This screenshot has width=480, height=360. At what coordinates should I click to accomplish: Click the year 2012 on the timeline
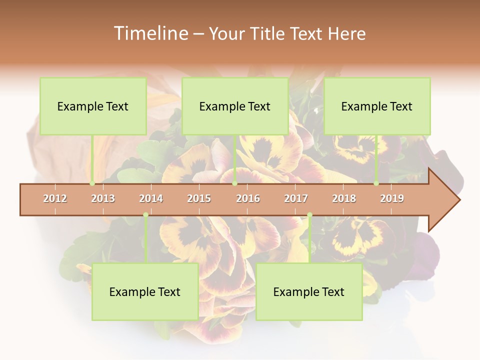coord(55,198)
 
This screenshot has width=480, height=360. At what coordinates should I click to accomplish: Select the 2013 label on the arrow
coord(103,198)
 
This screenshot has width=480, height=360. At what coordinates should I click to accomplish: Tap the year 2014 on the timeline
coord(151,198)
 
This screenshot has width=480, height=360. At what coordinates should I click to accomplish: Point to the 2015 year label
coord(199,198)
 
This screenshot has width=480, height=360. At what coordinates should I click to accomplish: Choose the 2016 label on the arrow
coord(248,198)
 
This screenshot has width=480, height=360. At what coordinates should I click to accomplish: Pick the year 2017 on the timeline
coord(296,198)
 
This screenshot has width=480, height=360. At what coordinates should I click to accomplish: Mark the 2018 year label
coord(344,198)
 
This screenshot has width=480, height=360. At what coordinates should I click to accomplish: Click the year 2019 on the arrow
coord(392,198)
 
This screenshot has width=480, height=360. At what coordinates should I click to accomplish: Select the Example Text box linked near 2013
coord(93,106)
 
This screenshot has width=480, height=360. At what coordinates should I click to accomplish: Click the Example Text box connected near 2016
coord(235,106)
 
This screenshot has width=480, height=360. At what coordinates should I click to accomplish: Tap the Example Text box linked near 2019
coord(377,106)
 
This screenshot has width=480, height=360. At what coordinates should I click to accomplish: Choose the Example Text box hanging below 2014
coord(145,291)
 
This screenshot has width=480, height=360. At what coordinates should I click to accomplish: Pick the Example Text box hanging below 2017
coord(309,291)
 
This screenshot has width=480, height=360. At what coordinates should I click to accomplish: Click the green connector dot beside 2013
coord(92,183)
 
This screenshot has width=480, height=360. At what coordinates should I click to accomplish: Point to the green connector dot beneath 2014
coord(145,215)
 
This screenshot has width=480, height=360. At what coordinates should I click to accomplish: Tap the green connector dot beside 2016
coord(234,183)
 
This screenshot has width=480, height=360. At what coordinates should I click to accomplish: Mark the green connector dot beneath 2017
coord(309,215)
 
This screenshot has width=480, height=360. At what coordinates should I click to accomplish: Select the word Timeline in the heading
coord(150,33)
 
